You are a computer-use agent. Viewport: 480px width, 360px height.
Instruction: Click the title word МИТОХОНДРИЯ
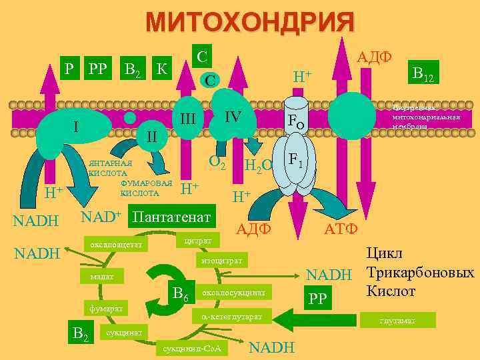point(250,23)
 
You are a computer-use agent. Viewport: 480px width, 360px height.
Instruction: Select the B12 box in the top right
point(423,74)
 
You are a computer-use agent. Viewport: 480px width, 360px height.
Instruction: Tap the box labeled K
point(161,67)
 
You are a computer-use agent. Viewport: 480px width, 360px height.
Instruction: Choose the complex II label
point(151,137)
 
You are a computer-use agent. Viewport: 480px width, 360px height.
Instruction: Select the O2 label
point(217,161)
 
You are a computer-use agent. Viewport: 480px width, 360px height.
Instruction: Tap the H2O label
point(258,166)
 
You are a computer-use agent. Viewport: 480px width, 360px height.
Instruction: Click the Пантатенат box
point(172,217)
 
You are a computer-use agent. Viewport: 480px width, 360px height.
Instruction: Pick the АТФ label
point(341,229)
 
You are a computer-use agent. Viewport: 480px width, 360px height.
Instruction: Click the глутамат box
point(397,321)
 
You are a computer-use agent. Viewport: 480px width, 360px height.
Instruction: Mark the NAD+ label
point(100,217)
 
